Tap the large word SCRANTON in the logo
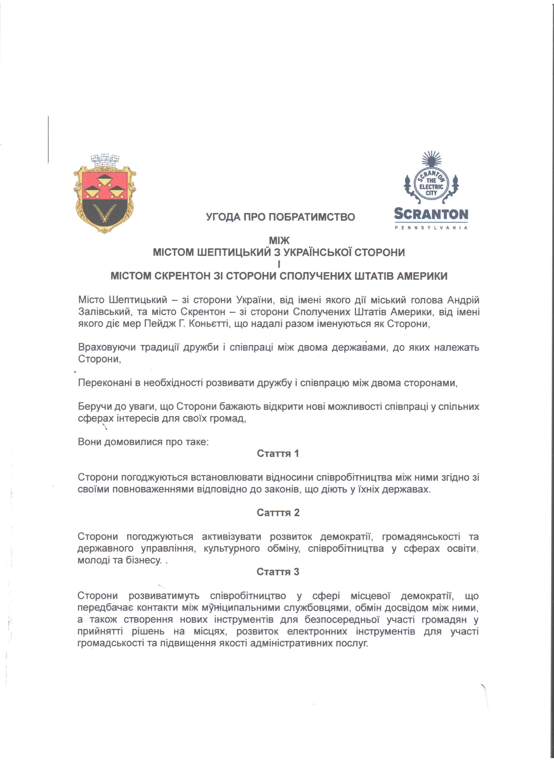(431, 214)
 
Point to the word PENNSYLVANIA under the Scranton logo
(431, 228)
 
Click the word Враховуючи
(107, 347)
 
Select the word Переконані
(105, 383)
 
